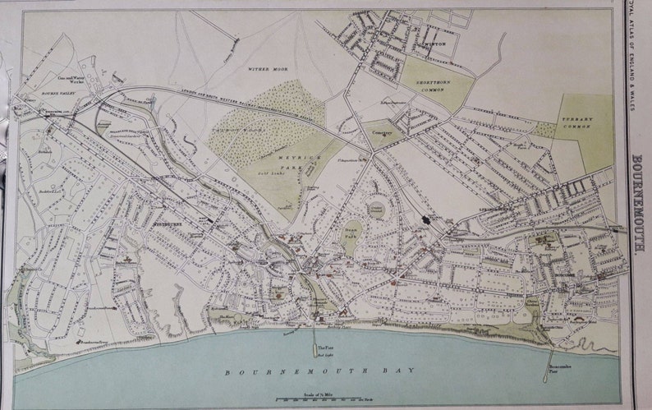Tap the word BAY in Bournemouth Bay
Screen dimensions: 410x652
(397, 371)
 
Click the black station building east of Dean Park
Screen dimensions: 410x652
(427, 219)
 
